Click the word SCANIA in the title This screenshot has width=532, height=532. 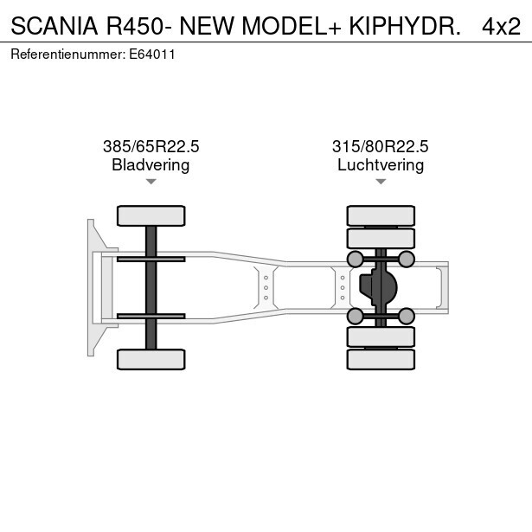54,26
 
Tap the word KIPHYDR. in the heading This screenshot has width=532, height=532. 405,26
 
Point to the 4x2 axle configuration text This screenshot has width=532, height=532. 501,27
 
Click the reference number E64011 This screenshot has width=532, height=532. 152,54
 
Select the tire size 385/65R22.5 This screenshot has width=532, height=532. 151,146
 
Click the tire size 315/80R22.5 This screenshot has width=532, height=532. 381,146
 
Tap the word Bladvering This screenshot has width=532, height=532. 151,165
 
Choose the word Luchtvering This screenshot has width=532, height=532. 381,165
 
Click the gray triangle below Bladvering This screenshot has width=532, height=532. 151,182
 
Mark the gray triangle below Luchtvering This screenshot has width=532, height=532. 381,182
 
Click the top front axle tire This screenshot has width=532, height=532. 151,215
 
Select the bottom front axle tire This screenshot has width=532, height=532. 151,359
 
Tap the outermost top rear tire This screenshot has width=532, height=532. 381,215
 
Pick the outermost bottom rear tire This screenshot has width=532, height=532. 381,359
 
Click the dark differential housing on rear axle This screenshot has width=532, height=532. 378,287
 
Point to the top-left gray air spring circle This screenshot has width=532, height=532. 356,260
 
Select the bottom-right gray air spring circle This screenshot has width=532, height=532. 406,317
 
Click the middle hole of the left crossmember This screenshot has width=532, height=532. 266,288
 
